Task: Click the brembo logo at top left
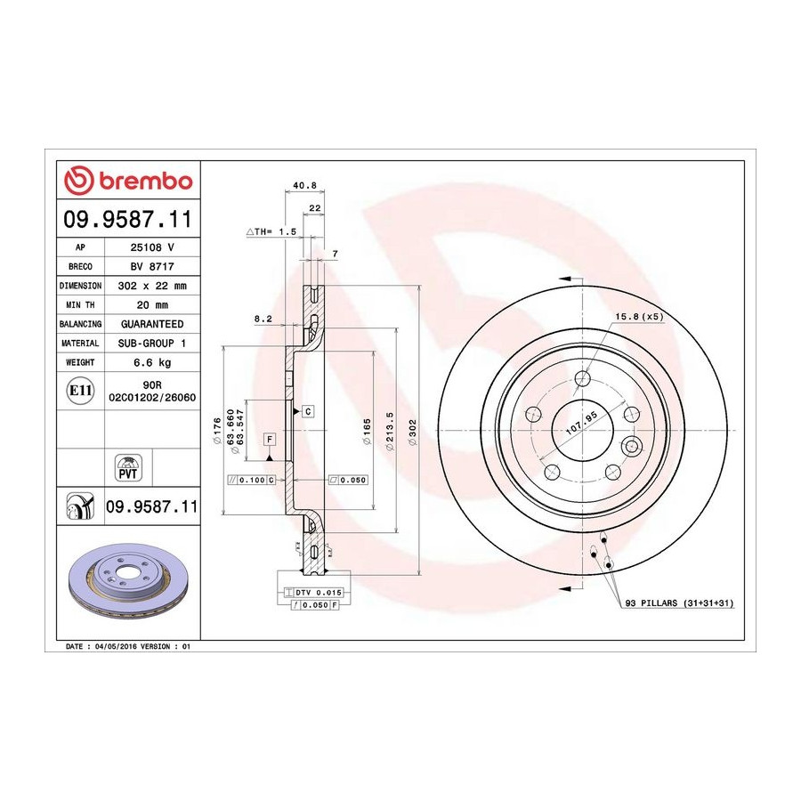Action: click(x=128, y=181)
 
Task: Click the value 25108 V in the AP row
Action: click(x=152, y=247)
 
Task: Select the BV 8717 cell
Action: click(x=152, y=266)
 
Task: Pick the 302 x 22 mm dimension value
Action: click(x=152, y=286)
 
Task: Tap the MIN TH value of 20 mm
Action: click(x=152, y=305)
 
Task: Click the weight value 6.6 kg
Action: click(x=152, y=363)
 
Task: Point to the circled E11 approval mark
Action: click(x=80, y=391)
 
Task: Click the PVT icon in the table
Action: click(x=127, y=467)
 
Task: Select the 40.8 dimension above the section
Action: click(x=305, y=185)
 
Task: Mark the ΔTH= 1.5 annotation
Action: click(x=271, y=231)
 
